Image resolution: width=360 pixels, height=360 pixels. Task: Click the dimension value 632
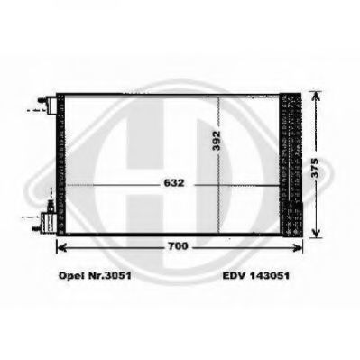[174, 183]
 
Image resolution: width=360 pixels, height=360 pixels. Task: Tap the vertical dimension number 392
[216, 141]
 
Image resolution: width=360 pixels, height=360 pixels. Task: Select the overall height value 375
[315, 168]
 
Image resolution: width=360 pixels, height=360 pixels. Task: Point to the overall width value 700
[178, 246]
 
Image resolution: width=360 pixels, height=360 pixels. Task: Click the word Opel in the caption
[70, 275]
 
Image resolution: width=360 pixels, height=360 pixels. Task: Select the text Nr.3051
[108, 275]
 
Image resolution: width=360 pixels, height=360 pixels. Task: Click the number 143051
[269, 275]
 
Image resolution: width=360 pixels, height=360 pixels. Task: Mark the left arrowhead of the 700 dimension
[61, 247]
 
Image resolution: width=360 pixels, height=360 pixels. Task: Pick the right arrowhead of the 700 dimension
[298, 247]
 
